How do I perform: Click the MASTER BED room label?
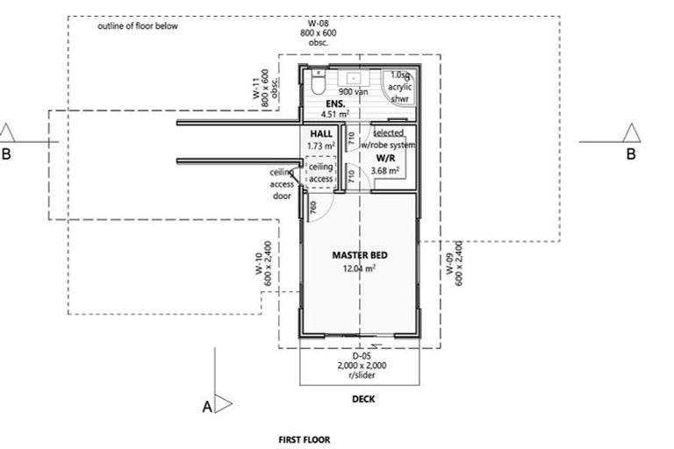pos(360,255)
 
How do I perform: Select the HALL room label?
pos(320,133)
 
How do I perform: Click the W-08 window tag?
pos(313,22)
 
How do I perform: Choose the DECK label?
pos(363,398)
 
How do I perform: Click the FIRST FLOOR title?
pos(305,440)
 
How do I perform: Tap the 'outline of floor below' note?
pos(138,26)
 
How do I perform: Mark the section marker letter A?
pos(207,407)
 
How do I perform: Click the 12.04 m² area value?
pos(360,269)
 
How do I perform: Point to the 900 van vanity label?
pos(354,91)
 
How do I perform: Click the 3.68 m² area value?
pos(384,170)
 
